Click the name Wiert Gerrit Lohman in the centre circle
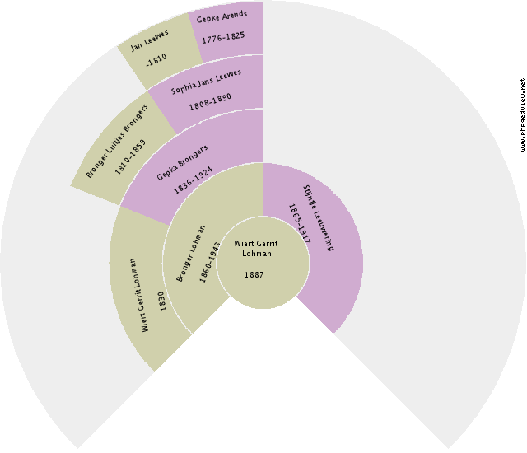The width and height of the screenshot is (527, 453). [x=256, y=249]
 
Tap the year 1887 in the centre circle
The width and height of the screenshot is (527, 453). [x=254, y=274]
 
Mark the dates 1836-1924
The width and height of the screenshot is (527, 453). [x=193, y=179]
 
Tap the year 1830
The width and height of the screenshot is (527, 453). [x=163, y=301]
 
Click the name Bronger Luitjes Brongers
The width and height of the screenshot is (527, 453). [x=117, y=139]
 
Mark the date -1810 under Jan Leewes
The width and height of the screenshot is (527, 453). [x=156, y=58]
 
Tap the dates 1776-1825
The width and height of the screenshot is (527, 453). [x=224, y=38]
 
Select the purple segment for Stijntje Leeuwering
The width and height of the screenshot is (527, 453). [x=329, y=264]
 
